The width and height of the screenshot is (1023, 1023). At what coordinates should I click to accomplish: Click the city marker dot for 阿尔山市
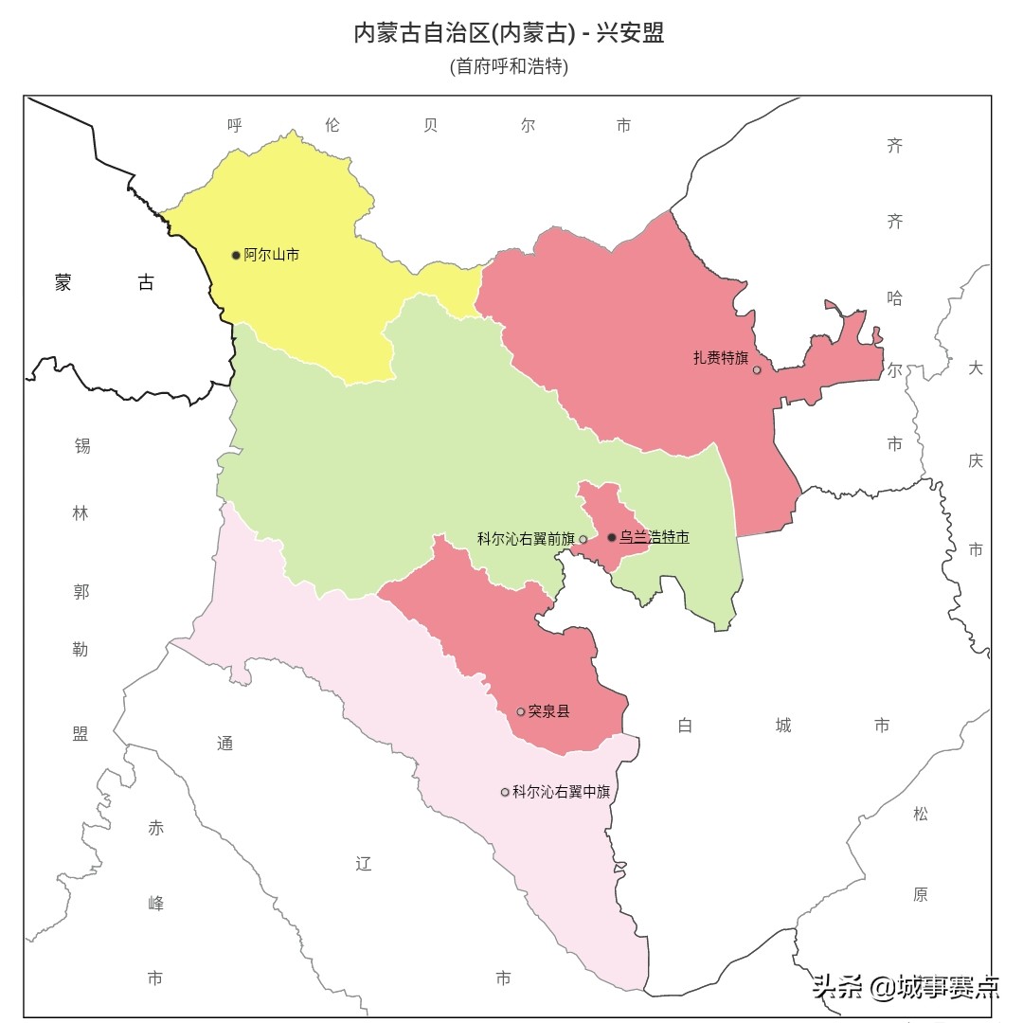click(x=236, y=255)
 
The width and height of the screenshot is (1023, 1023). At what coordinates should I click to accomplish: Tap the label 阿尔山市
click(x=272, y=255)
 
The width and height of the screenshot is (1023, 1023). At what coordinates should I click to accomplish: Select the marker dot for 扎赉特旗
click(x=757, y=369)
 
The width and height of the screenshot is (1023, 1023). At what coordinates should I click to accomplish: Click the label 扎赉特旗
click(x=721, y=358)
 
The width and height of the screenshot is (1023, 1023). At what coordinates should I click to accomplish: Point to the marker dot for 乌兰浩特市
click(x=612, y=537)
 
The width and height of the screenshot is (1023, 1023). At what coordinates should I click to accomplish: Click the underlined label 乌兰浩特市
click(x=655, y=537)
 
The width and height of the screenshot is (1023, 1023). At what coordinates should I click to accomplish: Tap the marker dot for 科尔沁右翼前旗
click(x=583, y=539)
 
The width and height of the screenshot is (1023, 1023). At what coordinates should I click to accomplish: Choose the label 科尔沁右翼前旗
click(x=526, y=539)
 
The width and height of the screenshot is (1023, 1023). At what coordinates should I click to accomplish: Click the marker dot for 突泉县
click(x=520, y=711)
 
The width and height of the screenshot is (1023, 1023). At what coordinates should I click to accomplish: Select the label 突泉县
click(x=549, y=711)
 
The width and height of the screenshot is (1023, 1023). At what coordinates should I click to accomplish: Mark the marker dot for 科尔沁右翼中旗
click(x=505, y=792)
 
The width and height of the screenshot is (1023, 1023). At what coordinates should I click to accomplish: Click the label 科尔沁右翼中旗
click(x=561, y=792)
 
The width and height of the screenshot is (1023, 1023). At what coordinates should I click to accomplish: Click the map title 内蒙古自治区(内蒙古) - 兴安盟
click(x=509, y=33)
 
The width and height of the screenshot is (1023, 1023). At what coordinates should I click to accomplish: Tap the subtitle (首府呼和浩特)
click(x=509, y=67)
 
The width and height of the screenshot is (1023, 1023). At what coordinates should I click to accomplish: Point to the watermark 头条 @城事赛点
click(x=906, y=988)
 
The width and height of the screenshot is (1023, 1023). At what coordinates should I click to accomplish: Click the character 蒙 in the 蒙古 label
click(x=63, y=282)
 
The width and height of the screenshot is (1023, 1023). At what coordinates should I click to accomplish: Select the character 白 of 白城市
click(x=686, y=726)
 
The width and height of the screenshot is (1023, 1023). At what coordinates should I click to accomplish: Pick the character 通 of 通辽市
click(x=224, y=744)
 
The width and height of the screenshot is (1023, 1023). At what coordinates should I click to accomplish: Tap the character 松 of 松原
click(x=921, y=814)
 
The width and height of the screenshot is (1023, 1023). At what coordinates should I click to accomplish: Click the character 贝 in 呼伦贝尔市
click(x=431, y=125)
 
